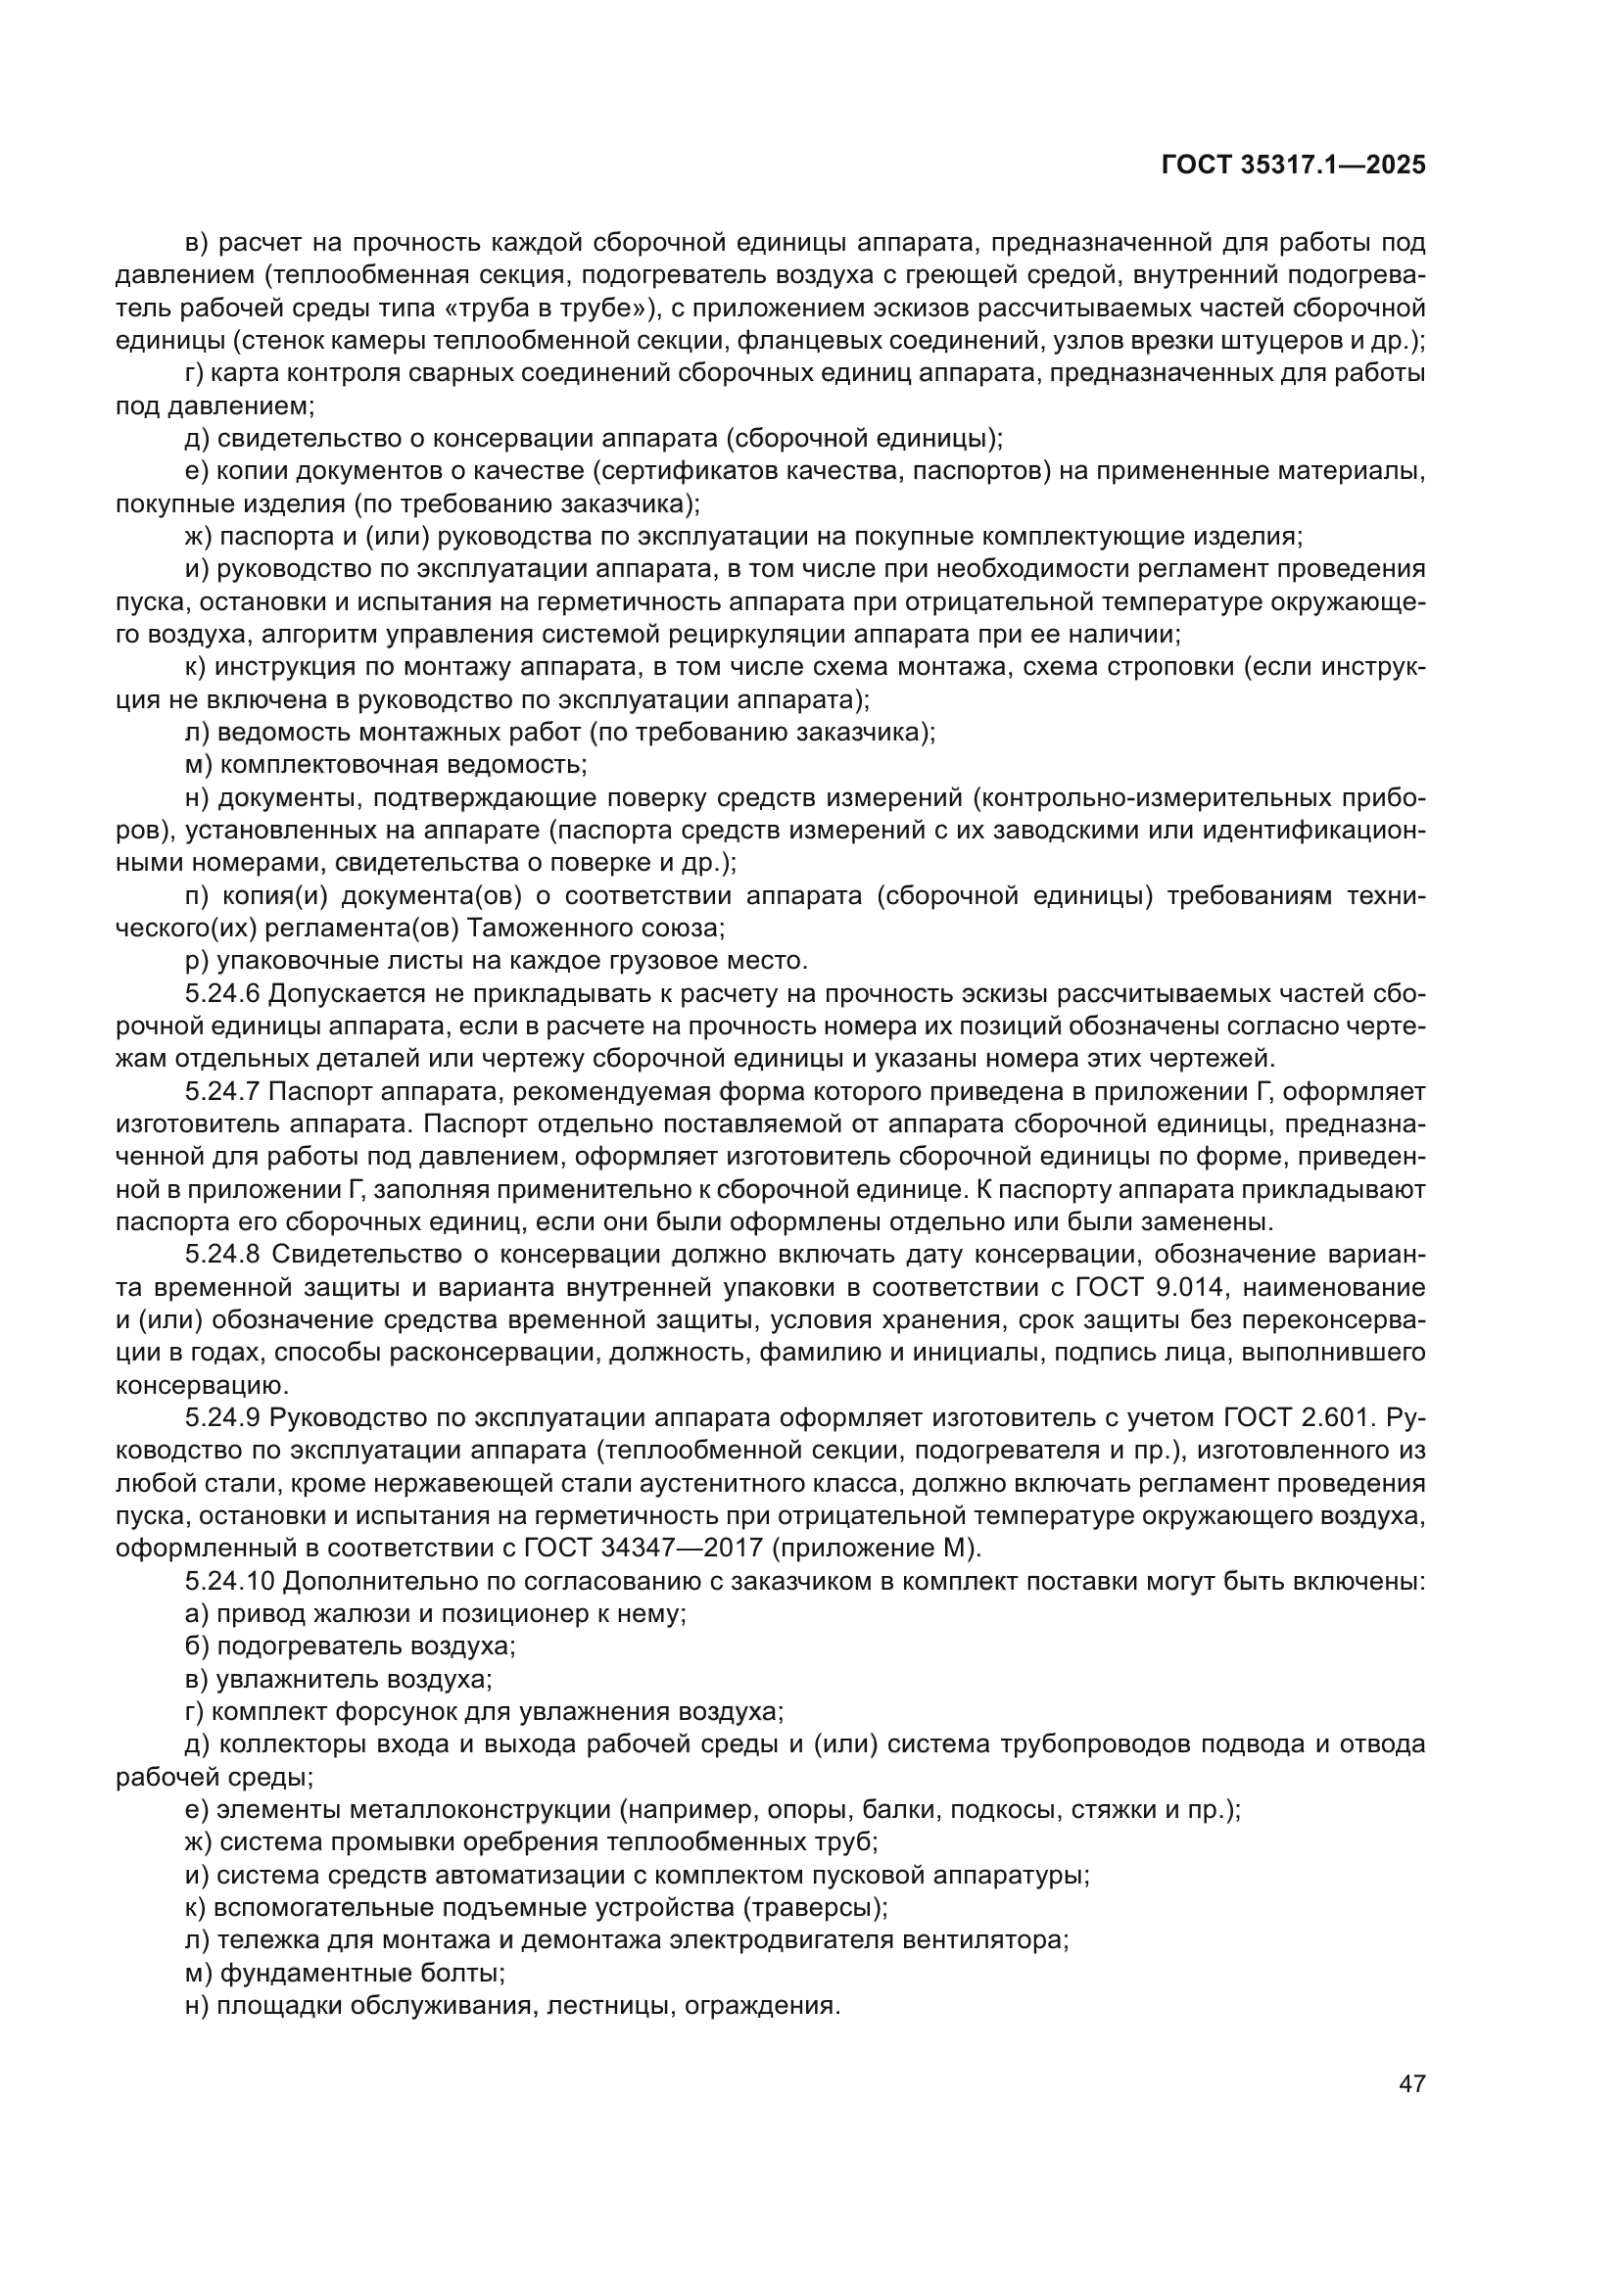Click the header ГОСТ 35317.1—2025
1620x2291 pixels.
coord(1294,166)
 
